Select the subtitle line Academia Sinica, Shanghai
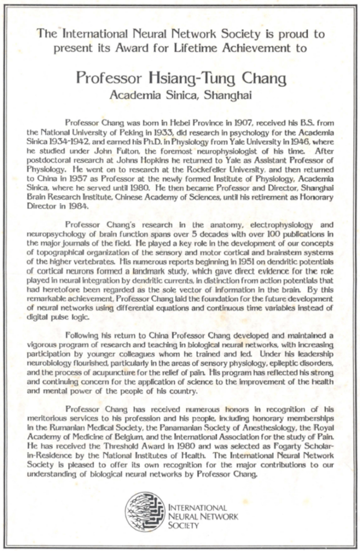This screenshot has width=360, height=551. point(180,96)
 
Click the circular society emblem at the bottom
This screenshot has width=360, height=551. point(145,512)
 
